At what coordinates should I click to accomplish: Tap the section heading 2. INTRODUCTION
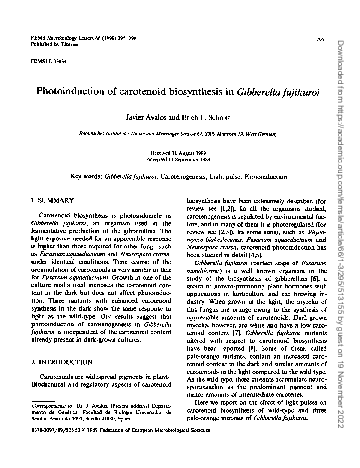[x=60, y=354]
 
